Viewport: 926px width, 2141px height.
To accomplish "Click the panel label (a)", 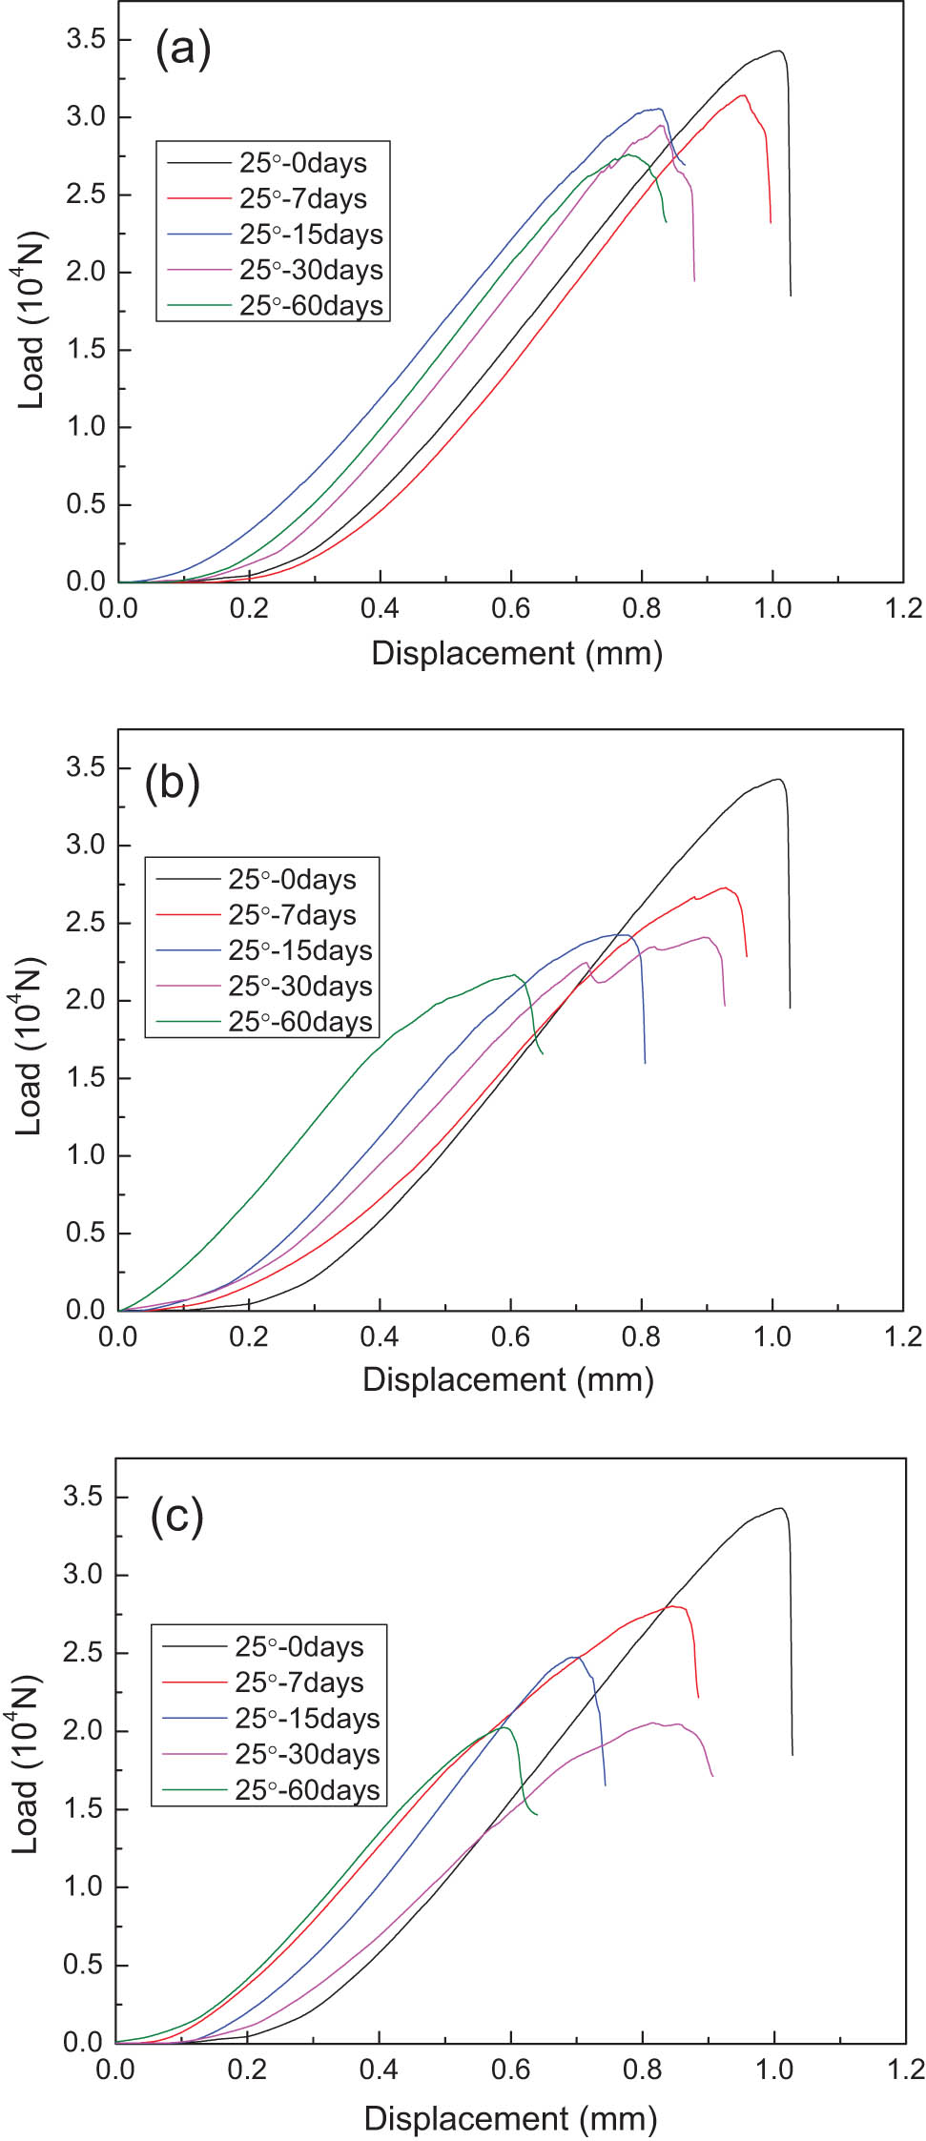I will (x=182, y=49).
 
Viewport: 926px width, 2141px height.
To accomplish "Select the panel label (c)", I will (x=177, y=1516).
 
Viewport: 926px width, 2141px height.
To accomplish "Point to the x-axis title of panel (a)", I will (x=516, y=654).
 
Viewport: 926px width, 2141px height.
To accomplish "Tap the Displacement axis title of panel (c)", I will (x=510, y=2118).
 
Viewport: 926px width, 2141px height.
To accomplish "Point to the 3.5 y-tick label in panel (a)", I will (x=85, y=39).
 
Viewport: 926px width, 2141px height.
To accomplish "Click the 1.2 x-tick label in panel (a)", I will (x=903, y=608).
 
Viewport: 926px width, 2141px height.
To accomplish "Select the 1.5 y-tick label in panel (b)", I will (x=85, y=1078).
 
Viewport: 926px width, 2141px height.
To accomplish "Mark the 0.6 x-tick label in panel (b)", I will (x=510, y=1336).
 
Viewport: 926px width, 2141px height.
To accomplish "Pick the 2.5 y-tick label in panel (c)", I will (x=83, y=1653).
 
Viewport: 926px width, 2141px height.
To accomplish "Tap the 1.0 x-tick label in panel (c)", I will (x=773, y=2070).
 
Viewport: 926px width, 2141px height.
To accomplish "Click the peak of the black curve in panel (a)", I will (x=779, y=51).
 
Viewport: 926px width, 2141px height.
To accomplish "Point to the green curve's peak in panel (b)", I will (x=515, y=974).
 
